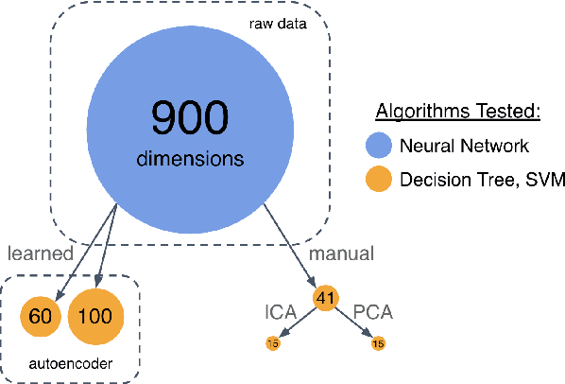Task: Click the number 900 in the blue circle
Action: [189, 117]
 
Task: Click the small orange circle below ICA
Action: [272, 342]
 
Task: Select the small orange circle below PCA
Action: [379, 342]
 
